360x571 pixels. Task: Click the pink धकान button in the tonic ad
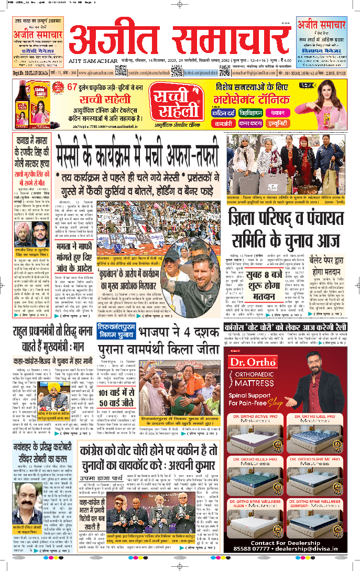(277, 113)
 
